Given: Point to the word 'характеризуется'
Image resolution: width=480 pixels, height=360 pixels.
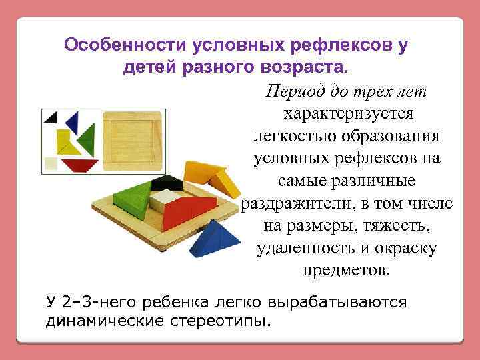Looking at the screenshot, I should tap(349, 113).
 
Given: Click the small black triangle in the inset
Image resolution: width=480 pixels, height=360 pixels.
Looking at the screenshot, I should tap(51, 118).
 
